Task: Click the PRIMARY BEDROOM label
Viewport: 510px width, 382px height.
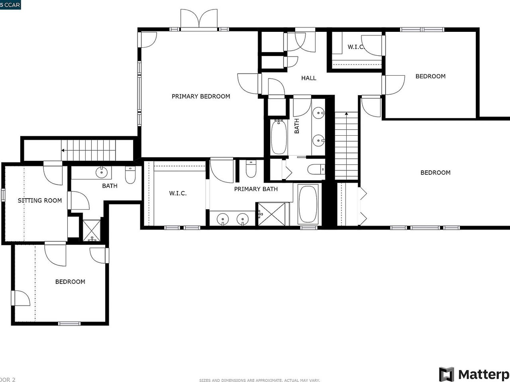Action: [201, 96]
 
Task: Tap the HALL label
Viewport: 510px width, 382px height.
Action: [308, 78]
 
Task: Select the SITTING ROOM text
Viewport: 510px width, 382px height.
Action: [40, 200]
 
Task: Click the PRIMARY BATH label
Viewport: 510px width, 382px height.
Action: [256, 189]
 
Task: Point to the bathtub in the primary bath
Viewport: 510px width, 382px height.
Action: [308, 205]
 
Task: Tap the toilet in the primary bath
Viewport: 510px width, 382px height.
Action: [251, 169]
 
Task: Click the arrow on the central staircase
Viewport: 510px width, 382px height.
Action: [346, 115]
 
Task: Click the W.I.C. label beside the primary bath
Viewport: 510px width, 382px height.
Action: [178, 193]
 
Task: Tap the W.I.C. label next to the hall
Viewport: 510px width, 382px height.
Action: [355, 47]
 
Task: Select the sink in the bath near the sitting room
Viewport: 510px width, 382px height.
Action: [102, 173]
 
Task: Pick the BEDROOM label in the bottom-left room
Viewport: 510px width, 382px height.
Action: [70, 282]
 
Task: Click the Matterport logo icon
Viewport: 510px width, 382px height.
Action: [447, 374]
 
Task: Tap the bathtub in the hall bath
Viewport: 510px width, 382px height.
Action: [279, 137]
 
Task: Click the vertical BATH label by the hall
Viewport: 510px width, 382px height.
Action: [297, 126]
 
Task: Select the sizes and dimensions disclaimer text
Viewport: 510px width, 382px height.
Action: [259, 380]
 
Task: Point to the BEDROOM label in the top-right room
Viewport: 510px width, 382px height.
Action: [430, 76]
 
